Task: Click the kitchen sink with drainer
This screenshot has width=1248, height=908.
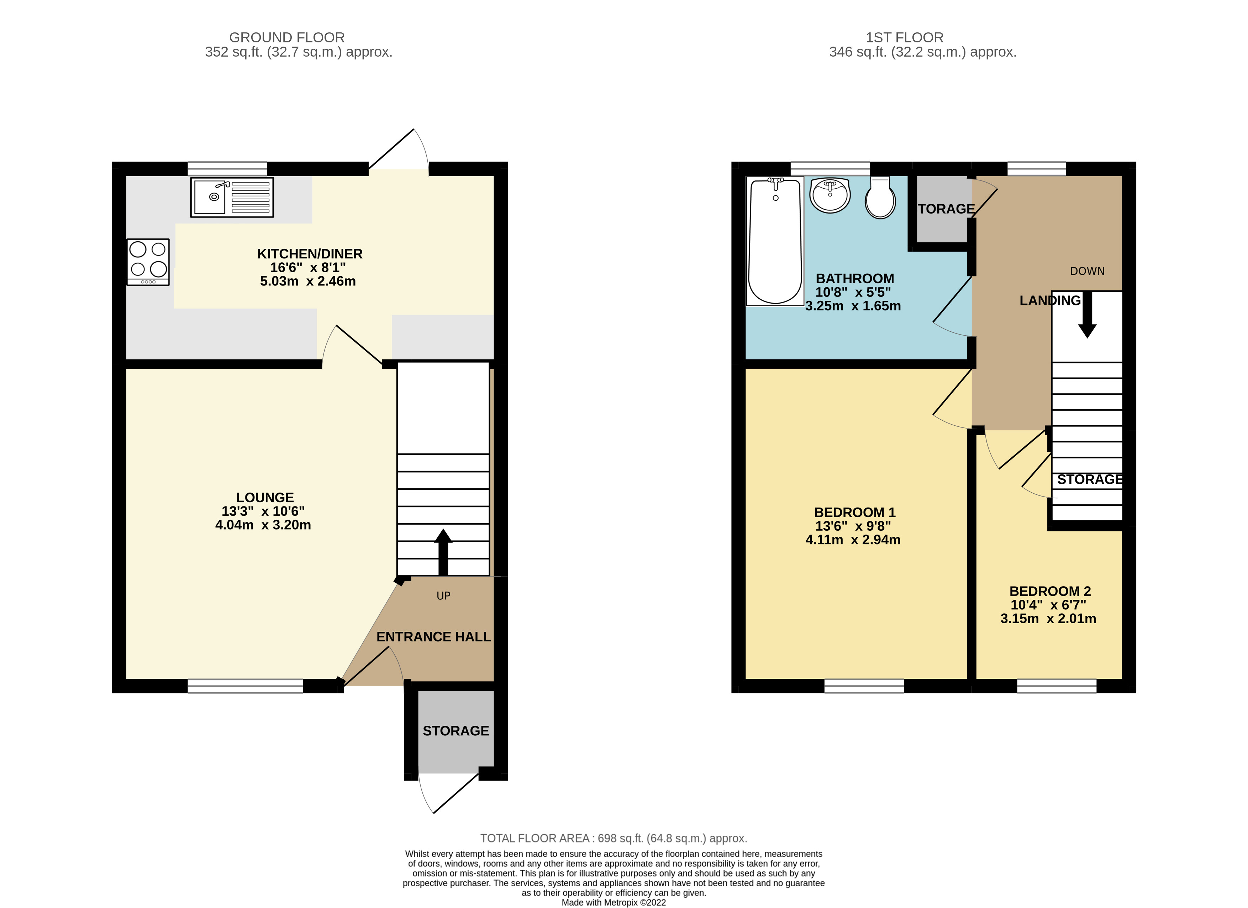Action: click(232, 197)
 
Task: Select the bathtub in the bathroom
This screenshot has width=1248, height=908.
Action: click(775, 241)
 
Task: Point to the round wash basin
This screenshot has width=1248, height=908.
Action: click(830, 195)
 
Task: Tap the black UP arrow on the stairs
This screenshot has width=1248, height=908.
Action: click(443, 550)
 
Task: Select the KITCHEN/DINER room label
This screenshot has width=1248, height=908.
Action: click(310, 254)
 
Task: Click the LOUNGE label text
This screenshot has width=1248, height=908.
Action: click(265, 498)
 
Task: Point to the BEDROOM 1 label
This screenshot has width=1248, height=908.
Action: click(854, 512)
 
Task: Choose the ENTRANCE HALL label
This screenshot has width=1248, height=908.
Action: click(433, 637)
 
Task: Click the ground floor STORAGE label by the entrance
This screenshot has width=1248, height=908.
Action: click(456, 731)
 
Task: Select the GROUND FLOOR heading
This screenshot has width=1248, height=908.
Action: click(287, 37)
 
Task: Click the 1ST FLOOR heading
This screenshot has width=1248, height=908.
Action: click(904, 37)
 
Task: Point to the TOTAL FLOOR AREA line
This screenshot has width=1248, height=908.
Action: click(613, 838)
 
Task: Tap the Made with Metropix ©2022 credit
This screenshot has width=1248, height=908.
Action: click(613, 903)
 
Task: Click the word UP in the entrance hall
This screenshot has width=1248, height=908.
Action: click(443, 596)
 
